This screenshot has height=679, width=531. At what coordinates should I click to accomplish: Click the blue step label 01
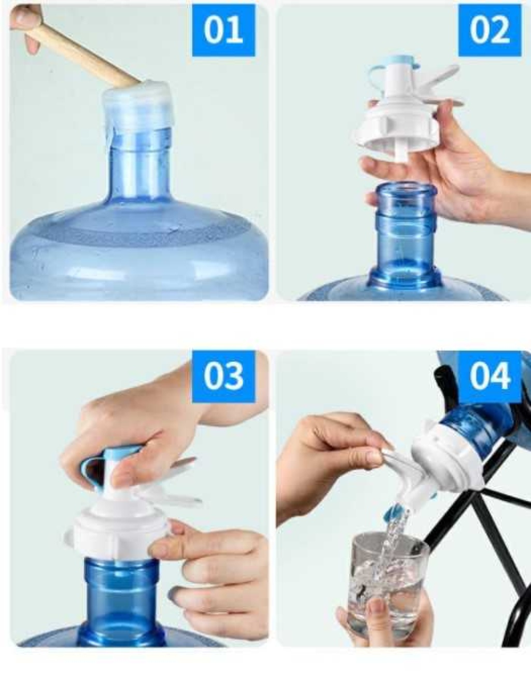click(x=223, y=30)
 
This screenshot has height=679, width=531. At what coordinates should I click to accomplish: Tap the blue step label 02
click(x=490, y=30)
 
